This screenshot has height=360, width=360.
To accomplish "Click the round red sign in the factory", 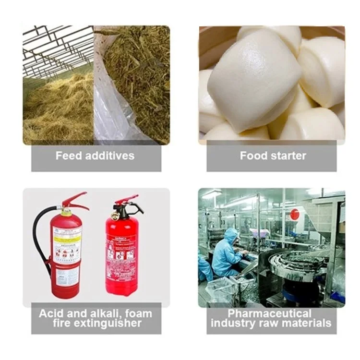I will click(x=294, y=215).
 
